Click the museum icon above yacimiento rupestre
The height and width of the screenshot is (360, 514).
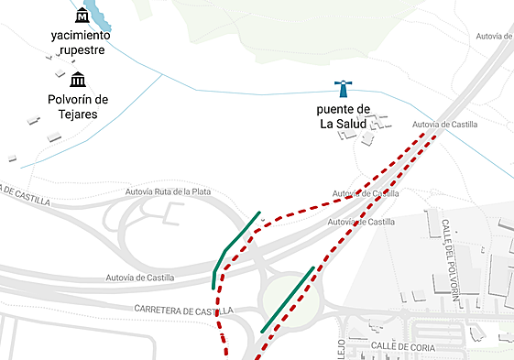click(x=82, y=16)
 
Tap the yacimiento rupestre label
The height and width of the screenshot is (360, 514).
click(x=81, y=42)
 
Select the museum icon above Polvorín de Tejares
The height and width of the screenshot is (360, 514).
click(x=78, y=80)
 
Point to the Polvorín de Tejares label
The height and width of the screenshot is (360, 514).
click(x=77, y=106)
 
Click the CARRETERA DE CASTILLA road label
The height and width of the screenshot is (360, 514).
click(x=183, y=311)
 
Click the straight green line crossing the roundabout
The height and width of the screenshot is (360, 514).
click(x=288, y=300)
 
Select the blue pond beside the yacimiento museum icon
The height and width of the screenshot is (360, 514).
click(x=100, y=17)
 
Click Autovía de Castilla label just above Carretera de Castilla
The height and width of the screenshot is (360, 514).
click(x=139, y=278)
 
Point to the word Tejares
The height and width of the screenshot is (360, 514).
click(x=77, y=114)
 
